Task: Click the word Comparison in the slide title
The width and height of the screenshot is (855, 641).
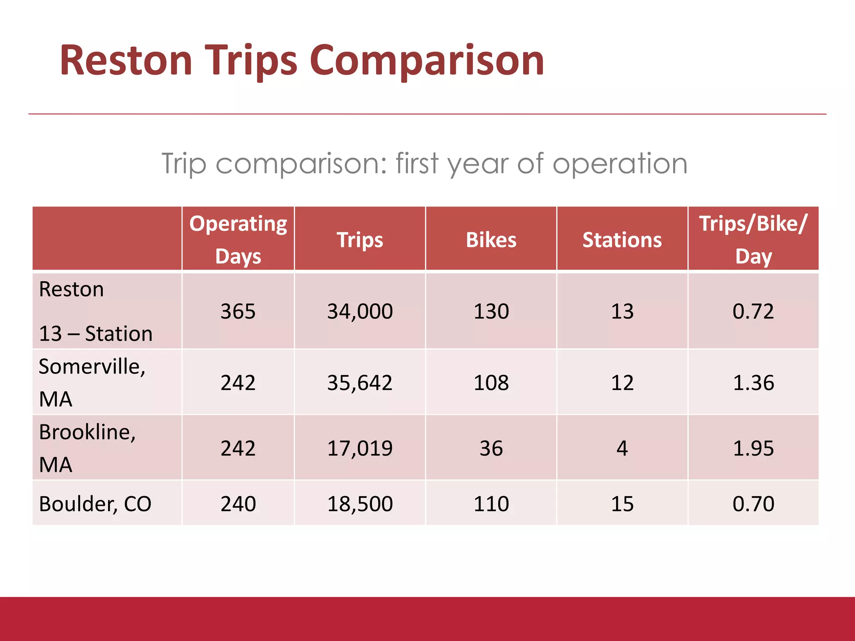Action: [427, 61]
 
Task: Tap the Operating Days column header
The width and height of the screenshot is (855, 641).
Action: [238, 240]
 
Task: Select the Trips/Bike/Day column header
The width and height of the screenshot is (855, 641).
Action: [753, 240]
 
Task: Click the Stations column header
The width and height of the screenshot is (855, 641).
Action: [622, 240]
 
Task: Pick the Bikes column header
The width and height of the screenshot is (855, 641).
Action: [491, 240]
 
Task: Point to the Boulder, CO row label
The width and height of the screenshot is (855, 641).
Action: [95, 504]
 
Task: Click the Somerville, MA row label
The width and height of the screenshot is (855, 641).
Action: [92, 382]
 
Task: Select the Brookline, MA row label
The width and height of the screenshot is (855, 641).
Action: [87, 448]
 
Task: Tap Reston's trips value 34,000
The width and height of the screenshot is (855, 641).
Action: [360, 311]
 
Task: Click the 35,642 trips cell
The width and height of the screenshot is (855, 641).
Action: [360, 383]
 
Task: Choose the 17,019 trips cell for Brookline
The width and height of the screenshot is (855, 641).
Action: [360, 448]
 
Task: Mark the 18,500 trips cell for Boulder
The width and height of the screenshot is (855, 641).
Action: [360, 504]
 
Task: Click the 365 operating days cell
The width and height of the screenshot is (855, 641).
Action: [238, 311]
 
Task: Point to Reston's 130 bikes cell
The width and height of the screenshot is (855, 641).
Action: [491, 311]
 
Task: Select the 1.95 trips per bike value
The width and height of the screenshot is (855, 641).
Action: [753, 448]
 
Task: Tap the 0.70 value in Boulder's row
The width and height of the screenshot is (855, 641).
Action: [753, 504]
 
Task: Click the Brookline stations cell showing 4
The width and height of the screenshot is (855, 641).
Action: [622, 448]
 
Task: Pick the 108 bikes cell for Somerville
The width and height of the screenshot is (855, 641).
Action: [491, 383]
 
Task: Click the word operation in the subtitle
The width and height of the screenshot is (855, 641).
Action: [620, 164]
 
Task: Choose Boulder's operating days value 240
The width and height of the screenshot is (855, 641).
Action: [238, 504]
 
